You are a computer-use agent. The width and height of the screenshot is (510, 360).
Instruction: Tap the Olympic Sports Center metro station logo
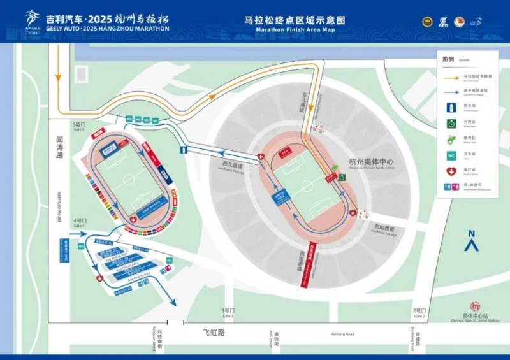(x=474, y=306)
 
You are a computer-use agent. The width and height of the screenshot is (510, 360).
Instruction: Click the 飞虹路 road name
(x=215, y=333)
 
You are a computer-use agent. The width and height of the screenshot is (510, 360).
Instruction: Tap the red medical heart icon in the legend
(x=451, y=171)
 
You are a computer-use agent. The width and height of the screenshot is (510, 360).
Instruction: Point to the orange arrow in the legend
(x=451, y=76)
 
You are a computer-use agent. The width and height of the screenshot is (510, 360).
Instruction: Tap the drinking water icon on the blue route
(x=184, y=150)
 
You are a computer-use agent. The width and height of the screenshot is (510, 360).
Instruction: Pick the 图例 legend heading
(x=448, y=59)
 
